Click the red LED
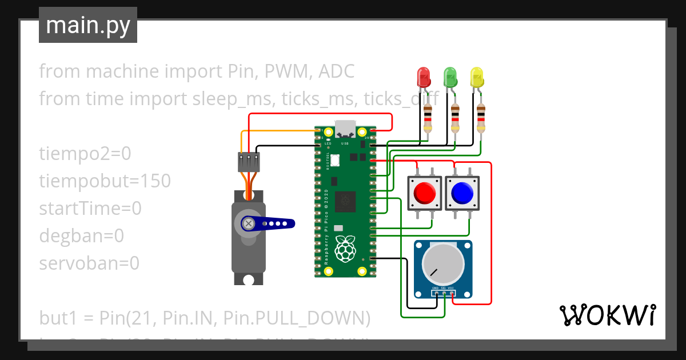coord(424,77)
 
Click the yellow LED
coord(476,77)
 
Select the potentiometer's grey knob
coord(443,265)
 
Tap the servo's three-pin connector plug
coord(249,162)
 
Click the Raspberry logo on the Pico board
coord(344,250)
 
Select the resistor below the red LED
coord(428,118)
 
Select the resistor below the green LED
coord(455,118)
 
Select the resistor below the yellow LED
coord(481,118)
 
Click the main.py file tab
coord(88,26)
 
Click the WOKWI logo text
coord(607,314)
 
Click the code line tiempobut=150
coord(105,181)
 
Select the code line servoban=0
coord(89,263)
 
